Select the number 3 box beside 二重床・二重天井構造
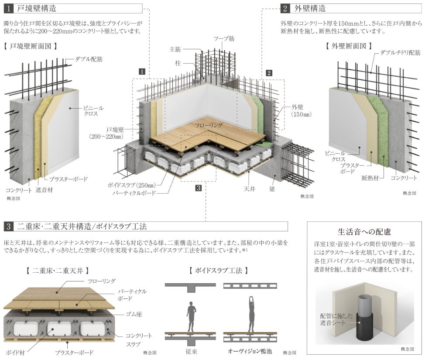click(x=9, y=226)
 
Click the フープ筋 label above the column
click(x=224, y=39)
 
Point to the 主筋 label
click(x=175, y=49)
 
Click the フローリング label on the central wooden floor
click(x=209, y=125)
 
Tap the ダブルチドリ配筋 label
click(x=398, y=52)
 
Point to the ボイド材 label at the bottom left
click(x=15, y=352)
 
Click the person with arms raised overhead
click(x=251, y=314)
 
